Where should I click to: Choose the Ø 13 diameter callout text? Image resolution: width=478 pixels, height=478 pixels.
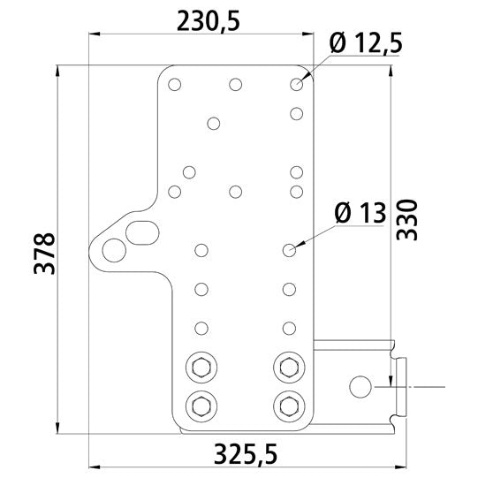pos(362,212)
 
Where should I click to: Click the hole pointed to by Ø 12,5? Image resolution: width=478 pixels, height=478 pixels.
pos(296,85)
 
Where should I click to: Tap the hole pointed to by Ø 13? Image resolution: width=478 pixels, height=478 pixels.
pos(289,251)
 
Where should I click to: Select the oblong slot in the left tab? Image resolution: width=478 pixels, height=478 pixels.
pos(141,231)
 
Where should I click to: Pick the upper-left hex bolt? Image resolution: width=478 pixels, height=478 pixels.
pos(200,365)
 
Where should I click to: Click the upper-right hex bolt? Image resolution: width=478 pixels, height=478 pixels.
pos(287,365)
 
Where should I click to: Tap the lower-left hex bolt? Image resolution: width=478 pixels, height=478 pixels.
pos(200,406)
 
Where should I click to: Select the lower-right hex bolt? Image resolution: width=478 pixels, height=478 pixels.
pos(287,406)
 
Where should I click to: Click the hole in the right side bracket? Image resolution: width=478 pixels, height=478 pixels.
pos(360,386)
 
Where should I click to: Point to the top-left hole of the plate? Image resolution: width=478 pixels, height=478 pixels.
pos(175,85)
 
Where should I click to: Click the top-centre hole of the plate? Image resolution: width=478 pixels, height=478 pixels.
pos(235,85)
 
